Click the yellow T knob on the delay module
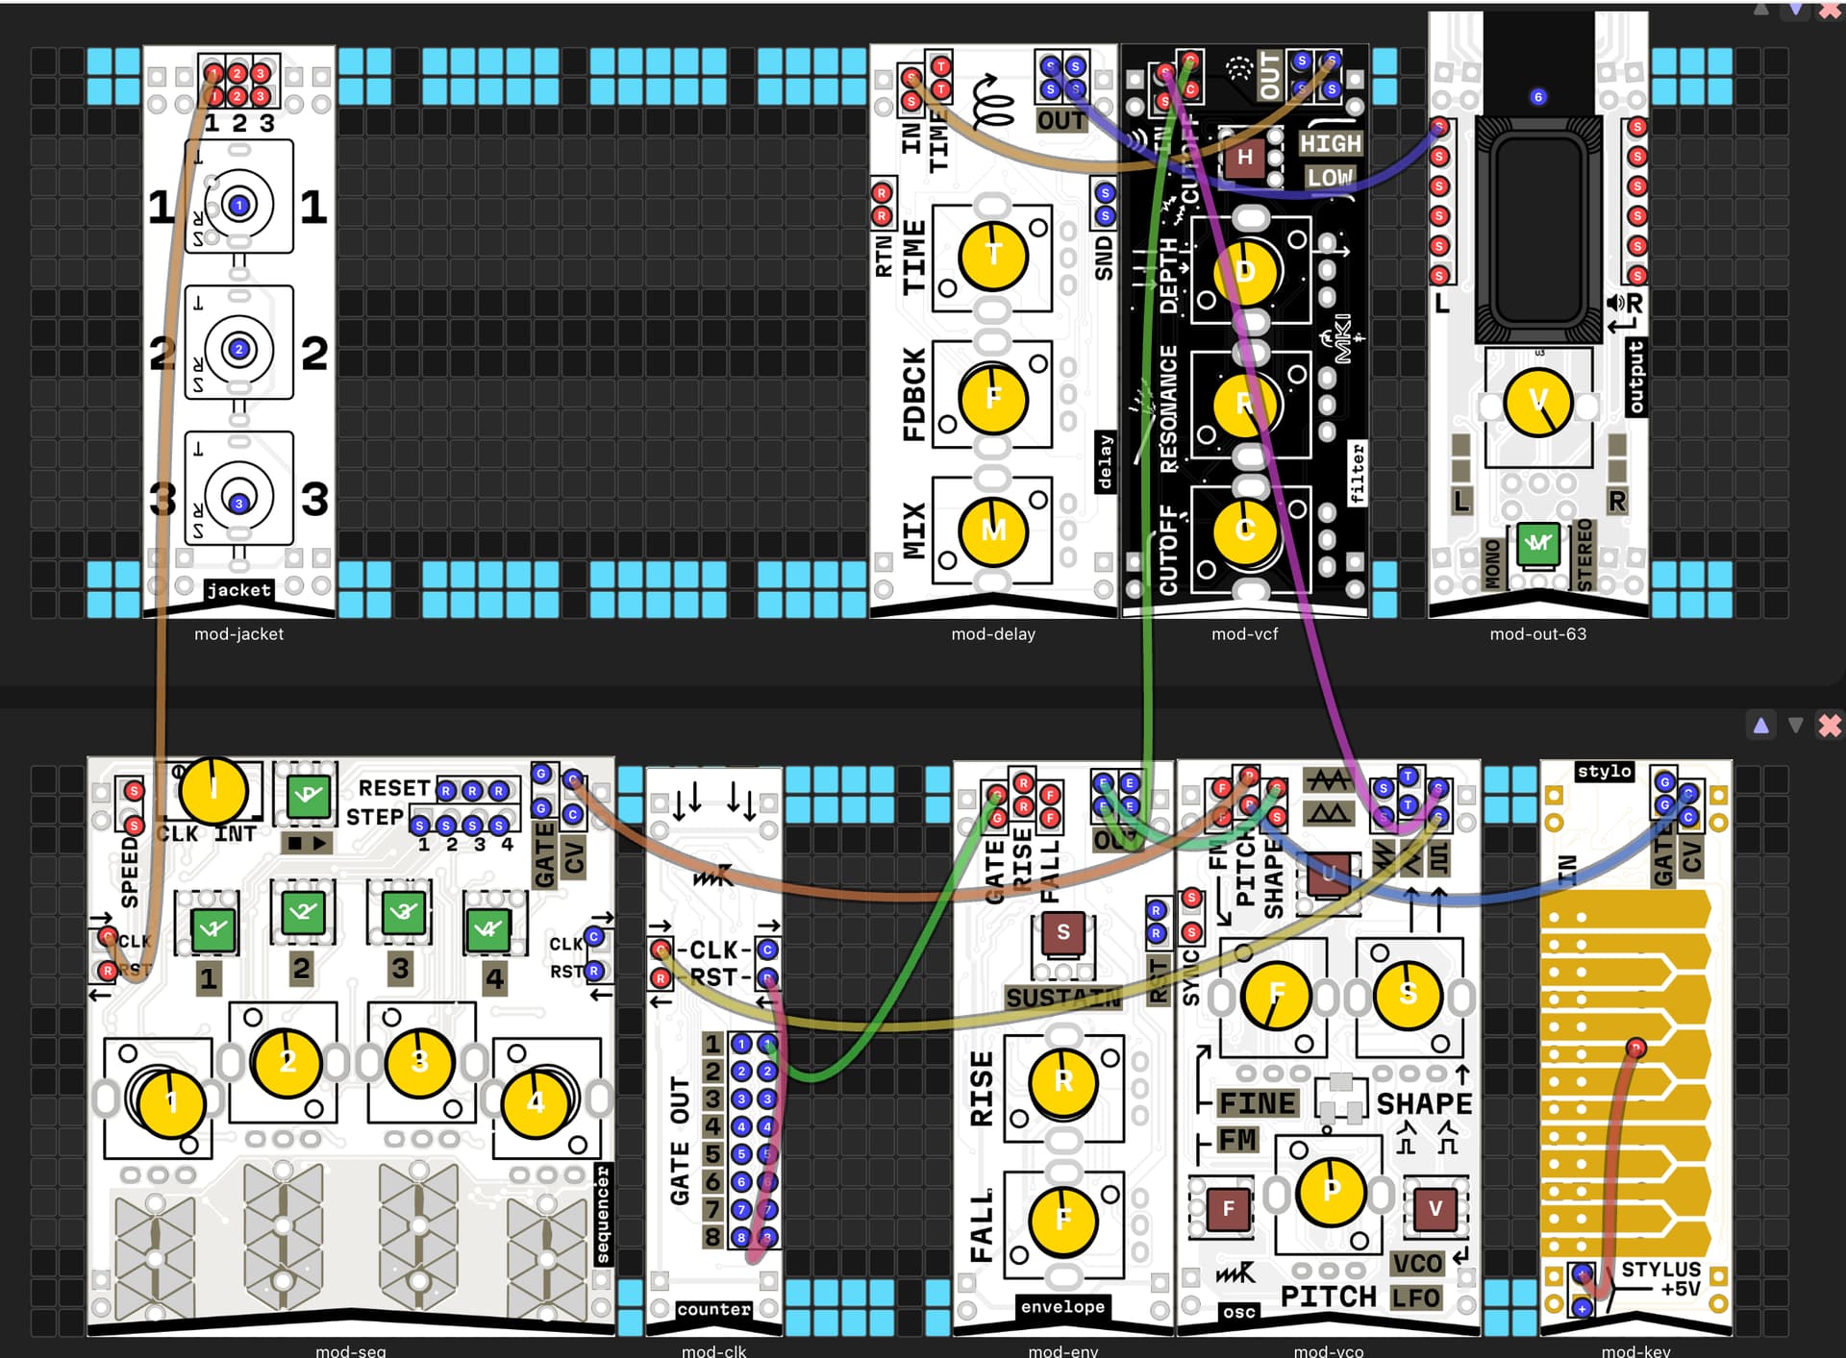993,256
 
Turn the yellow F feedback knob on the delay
993,398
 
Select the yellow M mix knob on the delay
993,531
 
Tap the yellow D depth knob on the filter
1246,272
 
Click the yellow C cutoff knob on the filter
1246,531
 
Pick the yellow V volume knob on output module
1537,402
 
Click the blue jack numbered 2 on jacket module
239,349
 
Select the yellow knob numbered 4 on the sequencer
536,1101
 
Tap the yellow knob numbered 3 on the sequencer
418,1062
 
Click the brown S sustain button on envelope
1062,932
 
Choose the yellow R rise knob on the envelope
1062,1081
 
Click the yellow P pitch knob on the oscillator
1331,1191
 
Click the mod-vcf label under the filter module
1244,634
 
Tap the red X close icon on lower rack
1829,726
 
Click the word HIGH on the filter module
1331,144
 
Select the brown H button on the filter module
1244,158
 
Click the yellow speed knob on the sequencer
213,790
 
